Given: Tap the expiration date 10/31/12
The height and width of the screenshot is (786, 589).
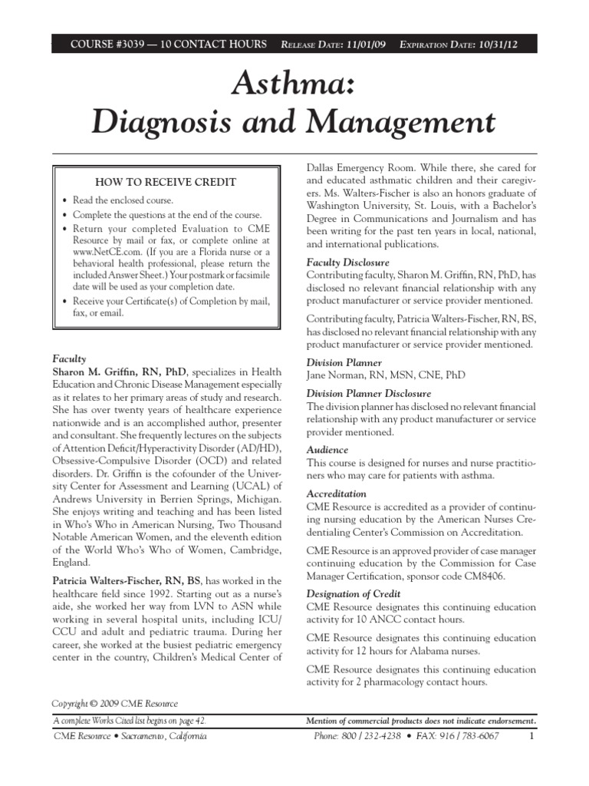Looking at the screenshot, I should coord(495,45).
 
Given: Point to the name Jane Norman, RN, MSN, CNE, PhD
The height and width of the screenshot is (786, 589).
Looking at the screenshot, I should coord(385,375).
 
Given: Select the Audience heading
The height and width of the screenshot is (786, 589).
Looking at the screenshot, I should coord(327,450).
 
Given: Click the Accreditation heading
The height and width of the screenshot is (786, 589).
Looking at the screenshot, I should coord(337,494).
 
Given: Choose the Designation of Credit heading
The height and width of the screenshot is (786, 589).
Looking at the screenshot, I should coord(353,593).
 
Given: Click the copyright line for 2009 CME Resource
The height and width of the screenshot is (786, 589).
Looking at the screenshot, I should coord(114,704).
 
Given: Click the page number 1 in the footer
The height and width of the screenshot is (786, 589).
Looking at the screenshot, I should coord(531,736).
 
